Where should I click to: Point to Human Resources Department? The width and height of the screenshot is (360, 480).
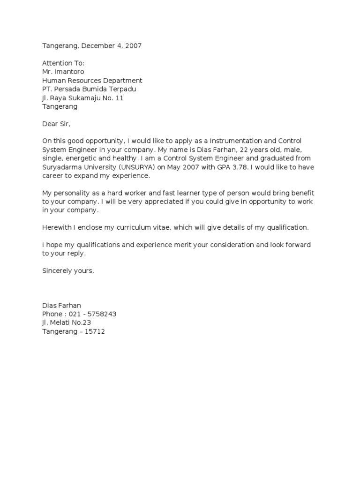[92, 81]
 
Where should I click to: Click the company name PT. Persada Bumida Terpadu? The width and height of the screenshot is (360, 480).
[90, 89]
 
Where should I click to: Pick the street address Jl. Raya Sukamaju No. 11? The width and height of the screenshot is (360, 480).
[83, 98]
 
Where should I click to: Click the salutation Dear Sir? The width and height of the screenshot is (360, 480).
[59, 124]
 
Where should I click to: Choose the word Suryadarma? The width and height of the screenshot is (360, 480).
[61, 167]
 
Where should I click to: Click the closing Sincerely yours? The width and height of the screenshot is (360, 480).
[68, 270]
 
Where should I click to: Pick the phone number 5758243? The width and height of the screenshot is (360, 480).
[101, 314]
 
